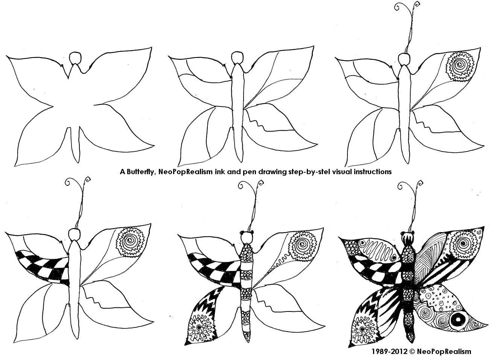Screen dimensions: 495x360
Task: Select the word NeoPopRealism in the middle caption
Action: pos(186,172)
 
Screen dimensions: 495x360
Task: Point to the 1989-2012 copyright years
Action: pos(389,351)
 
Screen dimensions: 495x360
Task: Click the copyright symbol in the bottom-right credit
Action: pos(411,351)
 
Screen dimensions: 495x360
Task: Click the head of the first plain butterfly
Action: pos(75,58)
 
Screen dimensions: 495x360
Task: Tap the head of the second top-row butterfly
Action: pos(237,58)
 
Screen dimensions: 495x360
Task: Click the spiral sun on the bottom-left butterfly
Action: pos(130,242)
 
